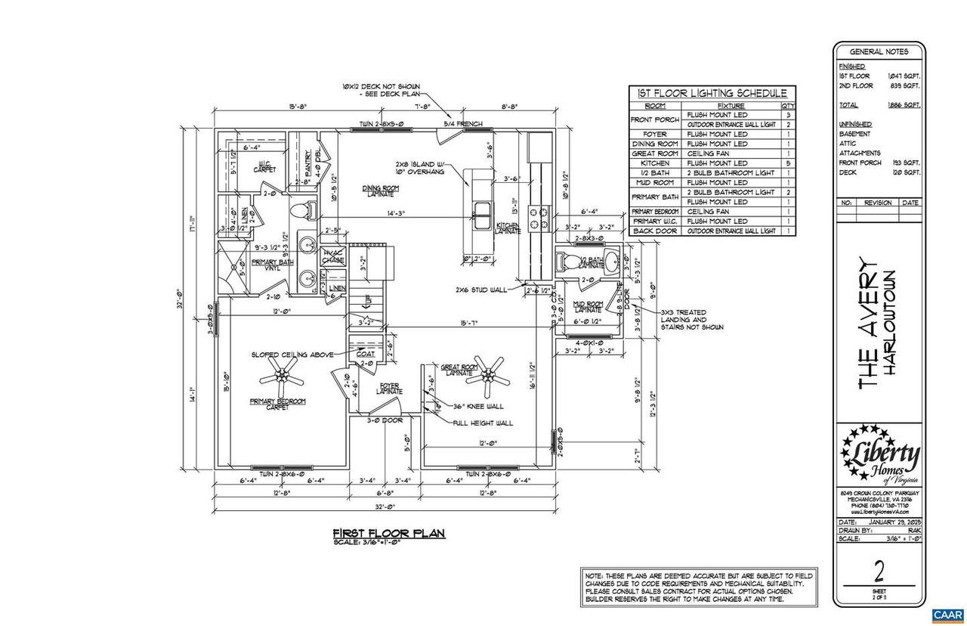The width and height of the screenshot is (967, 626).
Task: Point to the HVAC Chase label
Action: click(x=333, y=257)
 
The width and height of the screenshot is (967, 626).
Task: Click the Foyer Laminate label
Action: click(x=390, y=389)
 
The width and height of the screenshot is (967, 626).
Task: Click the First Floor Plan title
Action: click(x=389, y=533)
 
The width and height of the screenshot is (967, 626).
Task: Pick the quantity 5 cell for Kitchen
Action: click(x=789, y=163)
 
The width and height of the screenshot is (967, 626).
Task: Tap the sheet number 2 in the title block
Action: click(x=879, y=568)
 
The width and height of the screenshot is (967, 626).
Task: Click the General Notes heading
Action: click(x=879, y=52)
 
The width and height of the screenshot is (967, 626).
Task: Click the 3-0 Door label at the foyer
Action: click(x=385, y=420)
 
